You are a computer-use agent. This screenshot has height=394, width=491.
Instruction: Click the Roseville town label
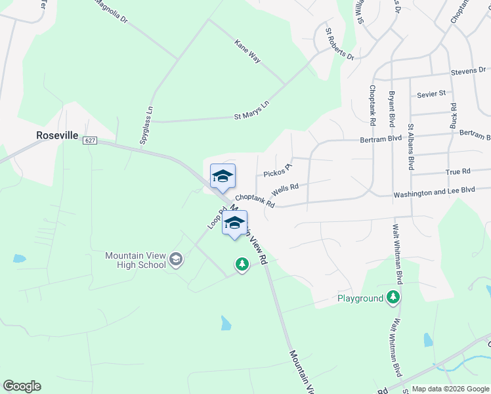(57, 135)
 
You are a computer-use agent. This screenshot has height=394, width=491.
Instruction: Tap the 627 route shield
(91, 141)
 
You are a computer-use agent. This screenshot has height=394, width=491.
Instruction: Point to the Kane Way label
(247, 51)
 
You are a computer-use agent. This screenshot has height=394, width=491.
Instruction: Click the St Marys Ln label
(252, 110)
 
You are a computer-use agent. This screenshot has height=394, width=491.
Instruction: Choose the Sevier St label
(431, 94)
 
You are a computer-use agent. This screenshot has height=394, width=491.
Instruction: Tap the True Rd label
(458, 171)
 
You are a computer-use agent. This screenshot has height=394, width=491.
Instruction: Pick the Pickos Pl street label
(277, 171)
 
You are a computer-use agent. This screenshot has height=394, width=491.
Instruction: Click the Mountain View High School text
(136, 260)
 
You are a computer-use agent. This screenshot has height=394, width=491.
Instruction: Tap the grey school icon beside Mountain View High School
(175, 259)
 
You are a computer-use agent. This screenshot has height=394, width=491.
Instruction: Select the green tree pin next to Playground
(394, 297)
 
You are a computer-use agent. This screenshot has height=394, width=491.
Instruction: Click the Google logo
(22, 386)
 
